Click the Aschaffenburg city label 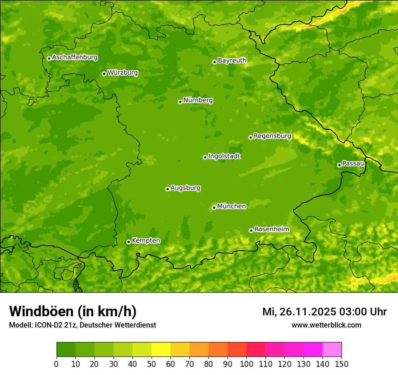coord(75,57)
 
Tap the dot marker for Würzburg coord(104,74)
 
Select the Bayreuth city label coord(232,61)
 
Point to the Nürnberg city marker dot coord(180,102)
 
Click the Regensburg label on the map coord(272,136)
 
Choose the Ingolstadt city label coord(224,156)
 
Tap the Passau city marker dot coord(339,165)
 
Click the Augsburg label coord(185,188)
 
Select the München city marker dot coord(214,207)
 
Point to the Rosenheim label coord(271,230)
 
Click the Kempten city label coord(146,241)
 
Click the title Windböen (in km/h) coord(72,311)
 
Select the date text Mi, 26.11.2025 coord(298,312)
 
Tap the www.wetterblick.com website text coord(326,325)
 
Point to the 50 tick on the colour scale coord(152,364)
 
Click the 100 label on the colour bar coord(246,364)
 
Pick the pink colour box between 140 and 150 coord(332,350)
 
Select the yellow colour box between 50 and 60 coord(161,350)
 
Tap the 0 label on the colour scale coord(57,364)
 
